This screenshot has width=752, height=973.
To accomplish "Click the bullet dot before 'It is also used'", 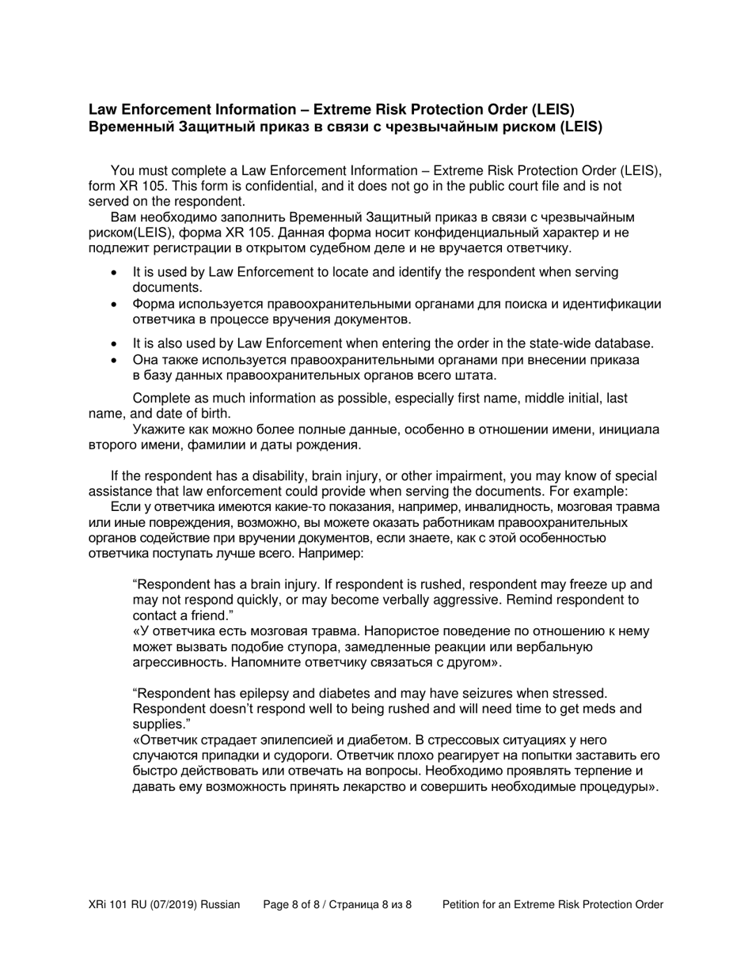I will coord(116,344).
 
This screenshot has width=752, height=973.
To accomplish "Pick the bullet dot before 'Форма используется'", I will coord(116,305).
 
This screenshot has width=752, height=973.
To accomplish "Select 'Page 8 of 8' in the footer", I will coord(294,904).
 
